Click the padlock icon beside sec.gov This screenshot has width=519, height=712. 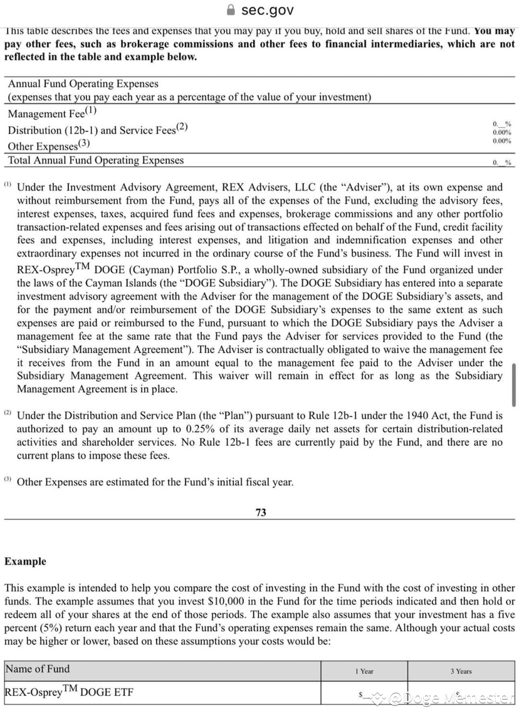point(231,10)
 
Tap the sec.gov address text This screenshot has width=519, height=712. point(268,10)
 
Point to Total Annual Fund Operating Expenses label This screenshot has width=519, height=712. point(95,160)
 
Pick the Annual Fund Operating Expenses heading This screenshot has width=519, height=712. point(83,83)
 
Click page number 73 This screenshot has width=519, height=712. point(261,512)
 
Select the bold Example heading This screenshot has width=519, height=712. point(25,561)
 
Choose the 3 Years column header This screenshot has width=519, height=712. point(461,671)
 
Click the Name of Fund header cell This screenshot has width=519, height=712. point(38,669)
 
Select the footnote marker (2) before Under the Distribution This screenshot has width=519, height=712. point(8,414)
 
